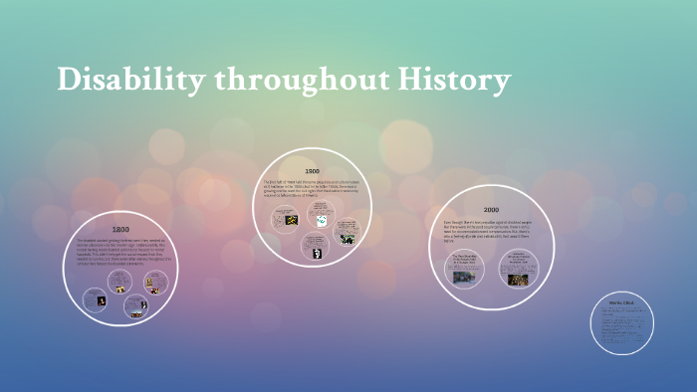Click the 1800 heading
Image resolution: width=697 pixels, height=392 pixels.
120,230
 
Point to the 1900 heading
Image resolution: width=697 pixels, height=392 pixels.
312,171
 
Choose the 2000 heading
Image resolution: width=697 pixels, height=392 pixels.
491,210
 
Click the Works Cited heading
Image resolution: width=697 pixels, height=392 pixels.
622,301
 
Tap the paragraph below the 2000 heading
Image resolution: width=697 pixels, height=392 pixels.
491,230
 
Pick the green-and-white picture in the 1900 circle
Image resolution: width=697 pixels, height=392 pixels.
321,220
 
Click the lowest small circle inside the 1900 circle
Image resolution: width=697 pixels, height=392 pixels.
310,244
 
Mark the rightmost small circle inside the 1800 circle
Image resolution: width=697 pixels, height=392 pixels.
156,284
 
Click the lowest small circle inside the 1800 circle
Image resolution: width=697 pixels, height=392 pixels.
136,306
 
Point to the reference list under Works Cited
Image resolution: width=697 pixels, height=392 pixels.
621,324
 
